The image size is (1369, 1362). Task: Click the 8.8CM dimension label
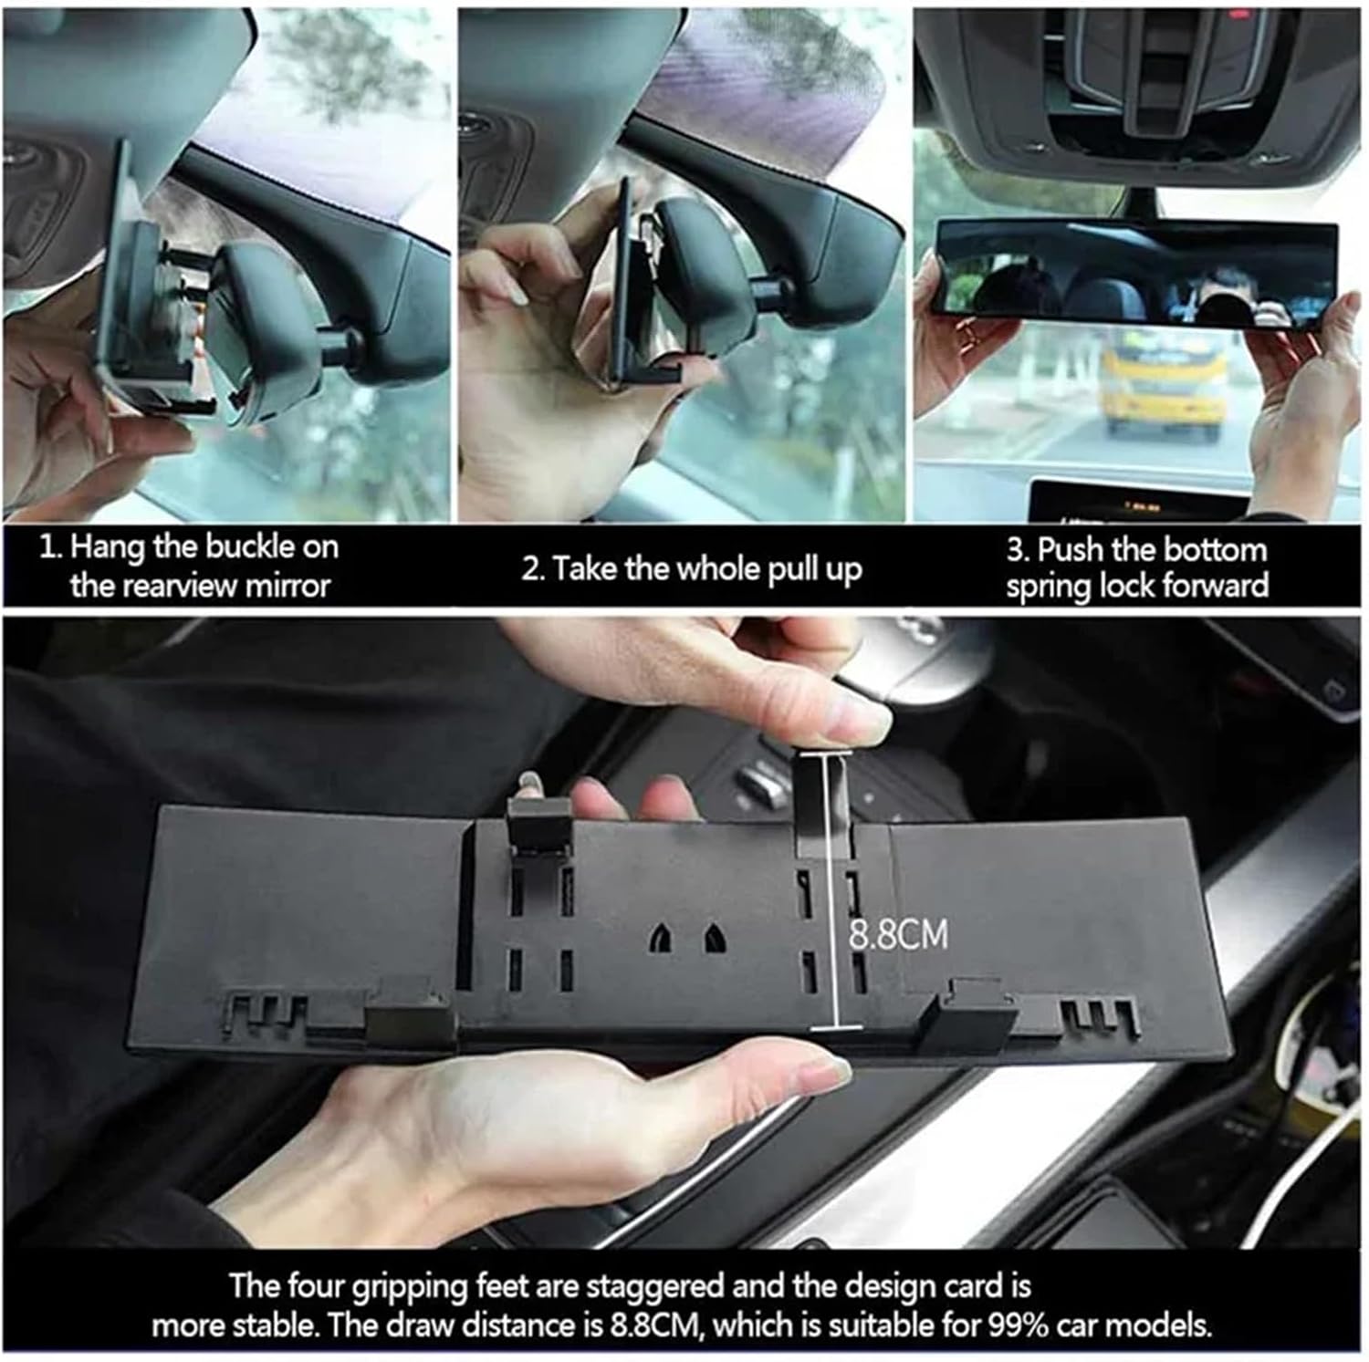click(898, 936)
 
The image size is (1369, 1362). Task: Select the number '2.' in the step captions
click(532, 570)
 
